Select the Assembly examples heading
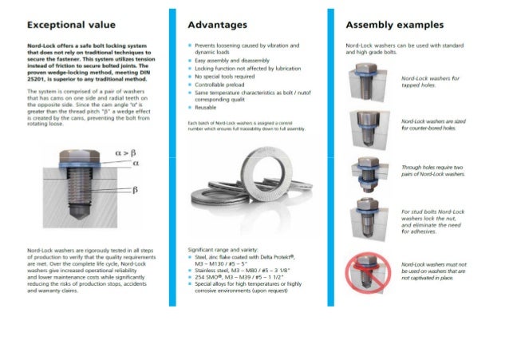click(x=392, y=25)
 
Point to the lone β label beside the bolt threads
click(x=136, y=190)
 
